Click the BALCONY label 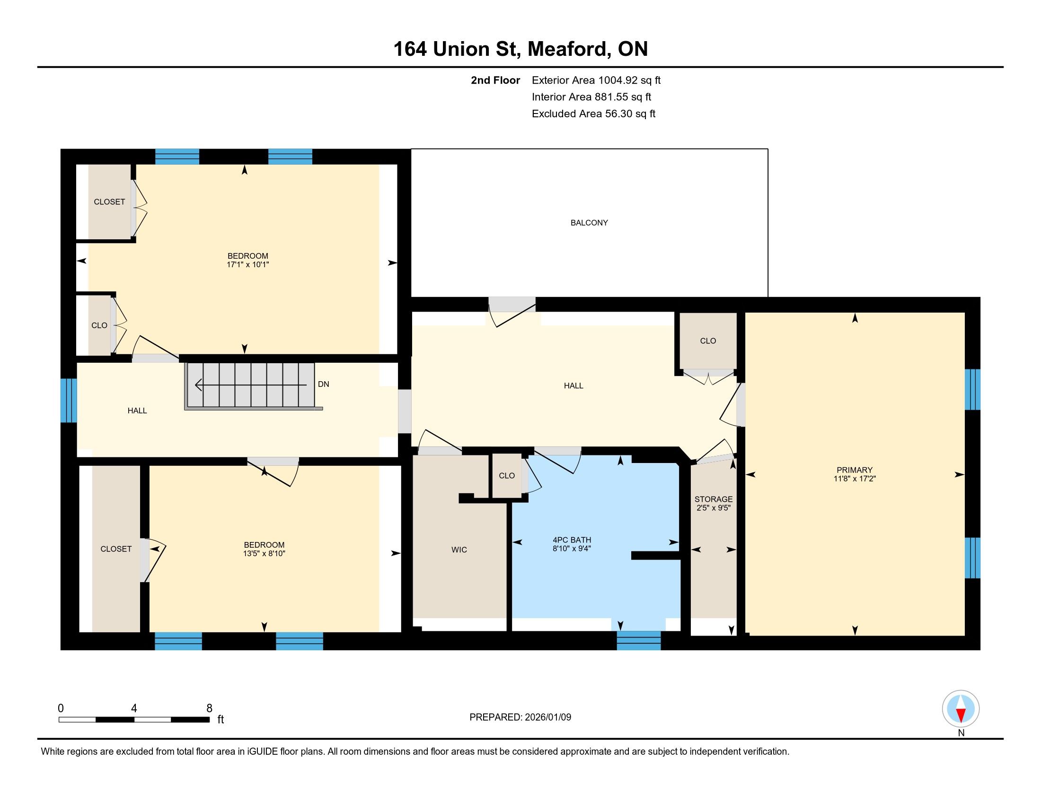click(x=589, y=223)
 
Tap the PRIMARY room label click(x=854, y=470)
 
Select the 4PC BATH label click(x=572, y=540)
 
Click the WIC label click(x=459, y=550)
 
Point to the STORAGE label click(x=714, y=499)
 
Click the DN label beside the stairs click(x=324, y=385)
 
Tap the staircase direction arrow click(x=251, y=385)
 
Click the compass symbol click(x=961, y=709)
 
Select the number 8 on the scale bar click(x=209, y=708)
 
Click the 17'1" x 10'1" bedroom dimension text click(x=248, y=264)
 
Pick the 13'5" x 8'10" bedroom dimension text click(x=264, y=553)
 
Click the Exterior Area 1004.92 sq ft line click(x=596, y=80)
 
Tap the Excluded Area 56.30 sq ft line click(x=593, y=114)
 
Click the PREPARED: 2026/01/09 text click(x=520, y=717)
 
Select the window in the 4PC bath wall click(x=639, y=641)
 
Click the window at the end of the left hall click(x=69, y=401)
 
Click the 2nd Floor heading click(x=495, y=80)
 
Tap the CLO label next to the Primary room click(x=708, y=341)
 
